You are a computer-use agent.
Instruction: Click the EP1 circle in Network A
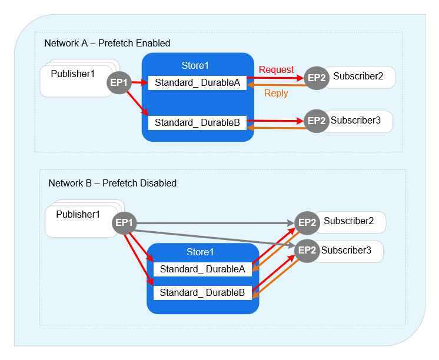(x=119, y=83)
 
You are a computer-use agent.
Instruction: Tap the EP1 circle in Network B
(x=125, y=223)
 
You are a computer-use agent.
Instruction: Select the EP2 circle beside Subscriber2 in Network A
(x=317, y=78)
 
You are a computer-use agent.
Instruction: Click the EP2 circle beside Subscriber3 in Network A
(x=317, y=121)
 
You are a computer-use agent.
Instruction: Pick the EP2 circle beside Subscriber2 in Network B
(x=307, y=222)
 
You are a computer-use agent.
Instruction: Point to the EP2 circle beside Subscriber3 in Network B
(x=307, y=251)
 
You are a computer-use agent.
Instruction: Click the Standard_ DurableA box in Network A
(x=197, y=83)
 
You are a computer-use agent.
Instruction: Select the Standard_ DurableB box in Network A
(x=197, y=123)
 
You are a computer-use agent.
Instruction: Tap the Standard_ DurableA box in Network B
(x=202, y=269)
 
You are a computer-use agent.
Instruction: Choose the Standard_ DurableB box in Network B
(x=202, y=293)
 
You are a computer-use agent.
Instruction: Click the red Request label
(x=276, y=70)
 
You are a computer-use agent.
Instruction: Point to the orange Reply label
(x=276, y=94)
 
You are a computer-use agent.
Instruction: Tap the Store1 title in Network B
(x=200, y=252)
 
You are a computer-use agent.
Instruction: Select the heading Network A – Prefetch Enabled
(x=107, y=44)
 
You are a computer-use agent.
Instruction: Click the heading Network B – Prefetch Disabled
(x=112, y=184)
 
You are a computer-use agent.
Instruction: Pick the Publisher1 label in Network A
(x=72, y=74)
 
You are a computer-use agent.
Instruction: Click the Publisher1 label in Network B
(x=78, y=215)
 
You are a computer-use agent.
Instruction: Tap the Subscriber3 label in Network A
(x=355, y=121)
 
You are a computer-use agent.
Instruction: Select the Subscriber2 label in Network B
(x=348, y=222)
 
